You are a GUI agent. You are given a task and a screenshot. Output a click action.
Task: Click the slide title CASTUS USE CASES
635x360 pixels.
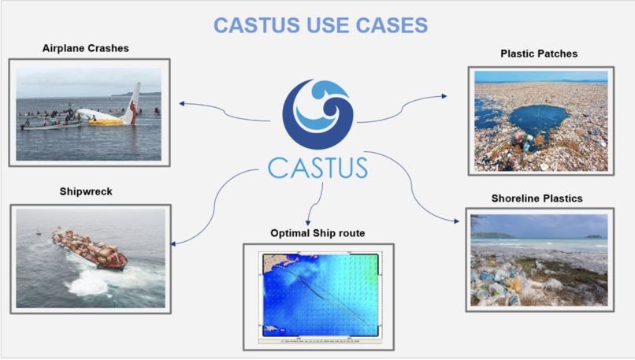pos(321,24)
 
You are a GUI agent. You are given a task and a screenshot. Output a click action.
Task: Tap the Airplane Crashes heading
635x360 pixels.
pos(85,49)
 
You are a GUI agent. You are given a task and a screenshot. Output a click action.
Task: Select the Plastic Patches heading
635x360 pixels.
pos(539,54)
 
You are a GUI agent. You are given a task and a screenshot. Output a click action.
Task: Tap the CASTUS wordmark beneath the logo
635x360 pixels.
pos(317,168)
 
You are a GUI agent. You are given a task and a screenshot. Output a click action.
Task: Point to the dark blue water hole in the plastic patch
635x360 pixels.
pos(538,118)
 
